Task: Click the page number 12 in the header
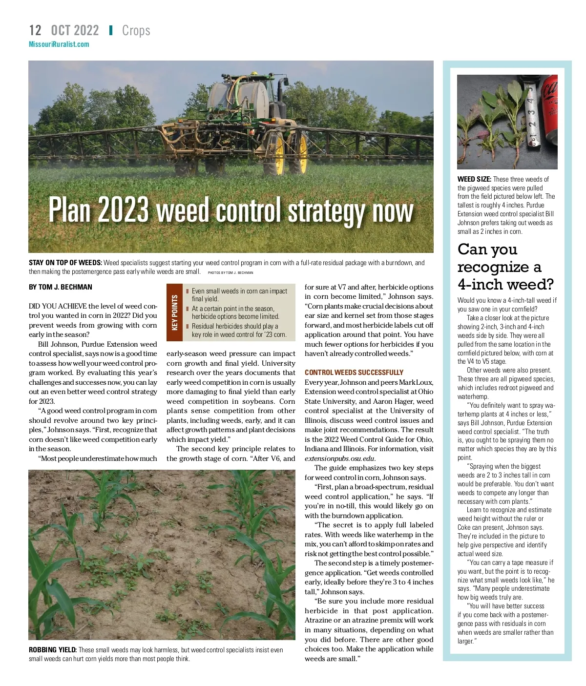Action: pos(35,30)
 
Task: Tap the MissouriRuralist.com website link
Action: pos(59,44)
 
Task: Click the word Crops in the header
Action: pos(136,30)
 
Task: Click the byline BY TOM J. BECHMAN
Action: pos(61,287)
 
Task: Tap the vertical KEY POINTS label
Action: pos(175,312)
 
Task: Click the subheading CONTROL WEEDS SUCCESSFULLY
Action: pos(354,372)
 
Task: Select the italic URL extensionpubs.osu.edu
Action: pos(339,458)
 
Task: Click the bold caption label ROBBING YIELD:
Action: pos(53,650)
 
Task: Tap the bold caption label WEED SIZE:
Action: pos(474,179)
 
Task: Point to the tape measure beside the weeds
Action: pos(532,117)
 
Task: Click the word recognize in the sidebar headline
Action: pos(493,267)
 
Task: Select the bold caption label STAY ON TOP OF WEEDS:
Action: pos(65,263)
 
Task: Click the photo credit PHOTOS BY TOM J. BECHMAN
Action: pos(230,272)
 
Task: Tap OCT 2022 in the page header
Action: pos(75,30)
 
